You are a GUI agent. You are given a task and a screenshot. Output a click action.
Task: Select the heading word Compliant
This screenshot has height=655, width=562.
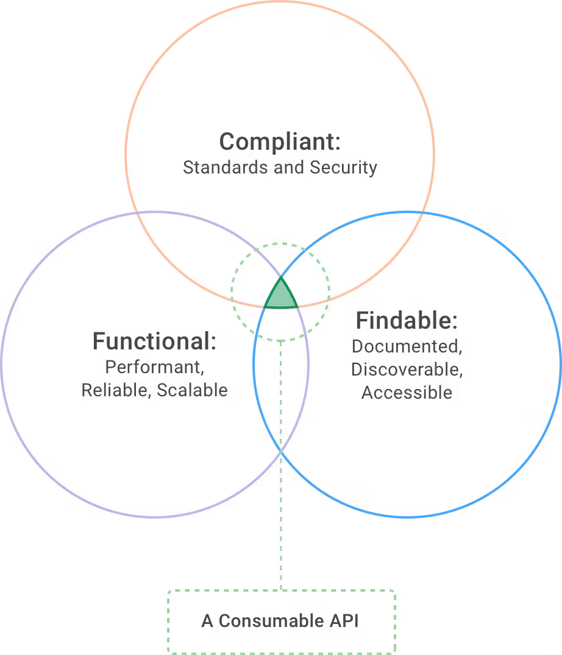click(x=276, y=142)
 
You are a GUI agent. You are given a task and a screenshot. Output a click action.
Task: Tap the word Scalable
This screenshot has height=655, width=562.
click(x=192, y=390)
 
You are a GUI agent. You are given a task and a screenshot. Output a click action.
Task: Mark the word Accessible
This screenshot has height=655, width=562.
click(x=407, y=393)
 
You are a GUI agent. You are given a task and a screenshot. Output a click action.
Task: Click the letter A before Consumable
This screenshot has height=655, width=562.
click(x=207, y=621)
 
